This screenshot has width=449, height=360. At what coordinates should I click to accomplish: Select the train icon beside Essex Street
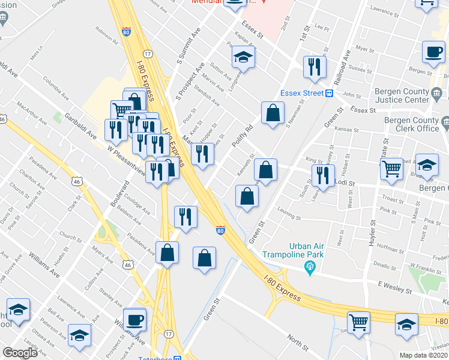329,93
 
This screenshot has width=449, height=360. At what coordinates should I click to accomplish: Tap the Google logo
20,353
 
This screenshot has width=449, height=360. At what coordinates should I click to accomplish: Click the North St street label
297,344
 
